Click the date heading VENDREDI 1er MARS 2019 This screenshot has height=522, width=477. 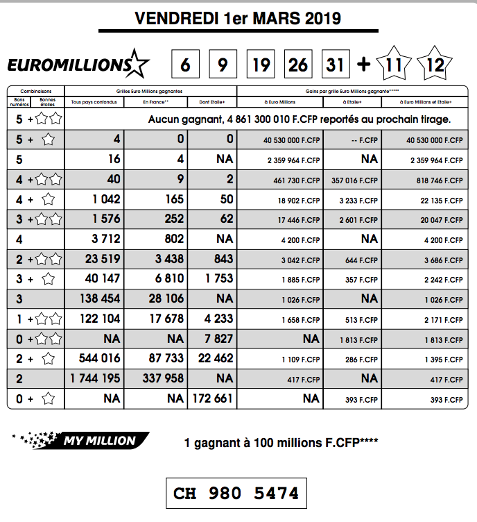point(238,19)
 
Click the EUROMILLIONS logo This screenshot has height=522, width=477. point(78,65)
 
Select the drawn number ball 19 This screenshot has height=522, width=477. point(261,65)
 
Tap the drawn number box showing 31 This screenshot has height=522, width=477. point(336,65)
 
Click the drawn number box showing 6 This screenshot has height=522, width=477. point(185,65)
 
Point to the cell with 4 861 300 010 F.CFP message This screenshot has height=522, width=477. point(300,119)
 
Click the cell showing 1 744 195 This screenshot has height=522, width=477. point(96,378)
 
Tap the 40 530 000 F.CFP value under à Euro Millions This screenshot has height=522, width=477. point(291,140)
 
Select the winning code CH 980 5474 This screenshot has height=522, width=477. point(236,493)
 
